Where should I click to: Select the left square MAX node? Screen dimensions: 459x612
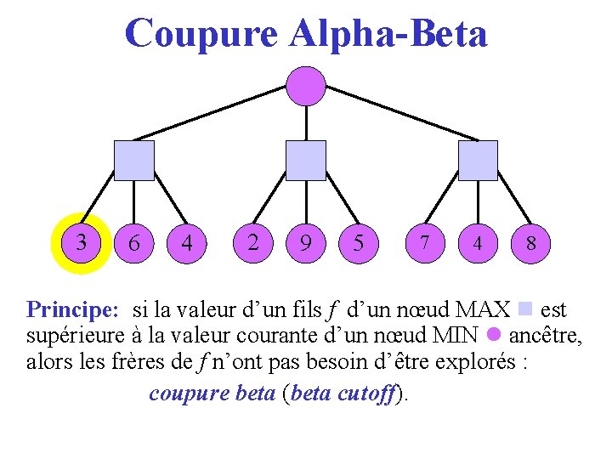coord(134,161)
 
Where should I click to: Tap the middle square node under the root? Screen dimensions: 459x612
coord(305,161)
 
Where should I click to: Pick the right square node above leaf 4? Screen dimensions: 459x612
coord(478,161)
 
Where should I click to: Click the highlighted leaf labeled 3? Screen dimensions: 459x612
coord(81,242)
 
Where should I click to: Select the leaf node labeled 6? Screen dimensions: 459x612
coord(133,243)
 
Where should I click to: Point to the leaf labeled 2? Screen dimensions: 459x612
coord(253,243)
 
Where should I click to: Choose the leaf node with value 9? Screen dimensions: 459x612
coord(305,243)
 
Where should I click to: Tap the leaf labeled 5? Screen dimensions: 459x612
coord(359,243)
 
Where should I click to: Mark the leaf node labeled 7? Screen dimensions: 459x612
coord(424,243)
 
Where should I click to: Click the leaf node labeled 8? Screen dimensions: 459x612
coord(530,243)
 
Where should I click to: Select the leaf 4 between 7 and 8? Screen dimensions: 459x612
coord(478,243)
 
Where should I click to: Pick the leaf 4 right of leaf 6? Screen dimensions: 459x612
coord(187,243)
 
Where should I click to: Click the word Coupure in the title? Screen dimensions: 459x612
coord(201,34)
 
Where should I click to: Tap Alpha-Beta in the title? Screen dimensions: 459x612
coord(388,34)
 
